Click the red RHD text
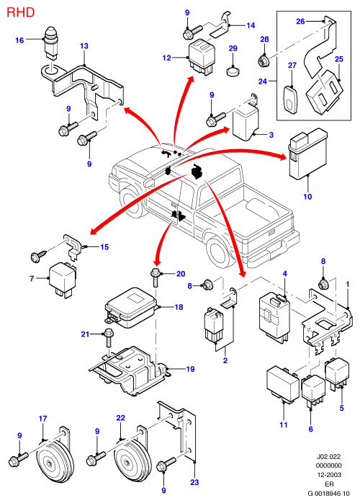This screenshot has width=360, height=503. click(x=20, y=12)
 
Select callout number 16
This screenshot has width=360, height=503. click(x=19, y=40)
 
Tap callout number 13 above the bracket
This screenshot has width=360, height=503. click(x=84, y=46)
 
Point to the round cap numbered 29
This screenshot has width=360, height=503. click(x=233, y=71)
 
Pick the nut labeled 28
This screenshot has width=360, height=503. click(x=264, y=60)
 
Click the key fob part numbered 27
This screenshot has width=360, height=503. click(x=291, y=99)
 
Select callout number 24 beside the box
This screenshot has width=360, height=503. click(x=263, y=81)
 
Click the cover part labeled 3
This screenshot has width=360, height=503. click(x=246, y=123)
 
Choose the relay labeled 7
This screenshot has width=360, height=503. click(x=62, y=280)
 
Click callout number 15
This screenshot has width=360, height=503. click(x=104, y=246)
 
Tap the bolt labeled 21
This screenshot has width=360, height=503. click(x=108, y=339)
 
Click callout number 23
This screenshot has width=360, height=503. click(x=194, y=482)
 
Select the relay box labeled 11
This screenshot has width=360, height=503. click(x=283, y=383)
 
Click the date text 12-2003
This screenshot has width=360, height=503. click(x=328, y=475)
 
